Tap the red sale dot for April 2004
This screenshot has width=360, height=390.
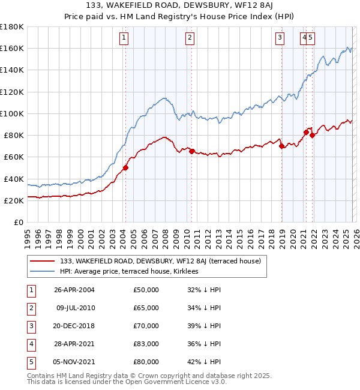point(125,168)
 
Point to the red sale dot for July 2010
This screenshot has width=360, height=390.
point(191,152)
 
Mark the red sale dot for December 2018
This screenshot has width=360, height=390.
point(282,146)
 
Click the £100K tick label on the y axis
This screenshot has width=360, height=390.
point(12,113)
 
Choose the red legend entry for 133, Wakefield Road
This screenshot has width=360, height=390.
point(160,261)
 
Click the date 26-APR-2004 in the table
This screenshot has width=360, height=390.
point(74,290)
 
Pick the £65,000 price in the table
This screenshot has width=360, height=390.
point(146,308)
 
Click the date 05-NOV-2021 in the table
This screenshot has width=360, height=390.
point(74,362)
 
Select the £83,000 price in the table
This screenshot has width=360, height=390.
point(146,344)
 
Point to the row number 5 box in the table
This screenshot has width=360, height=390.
point(29,362)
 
